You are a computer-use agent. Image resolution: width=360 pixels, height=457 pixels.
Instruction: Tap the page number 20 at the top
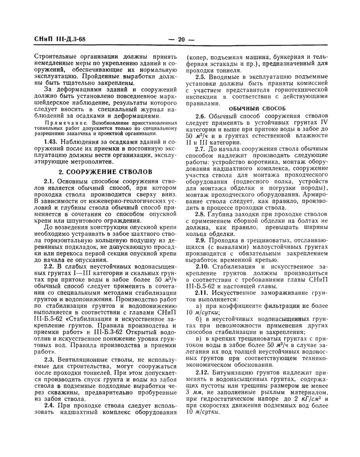click(x=180, y=39)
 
